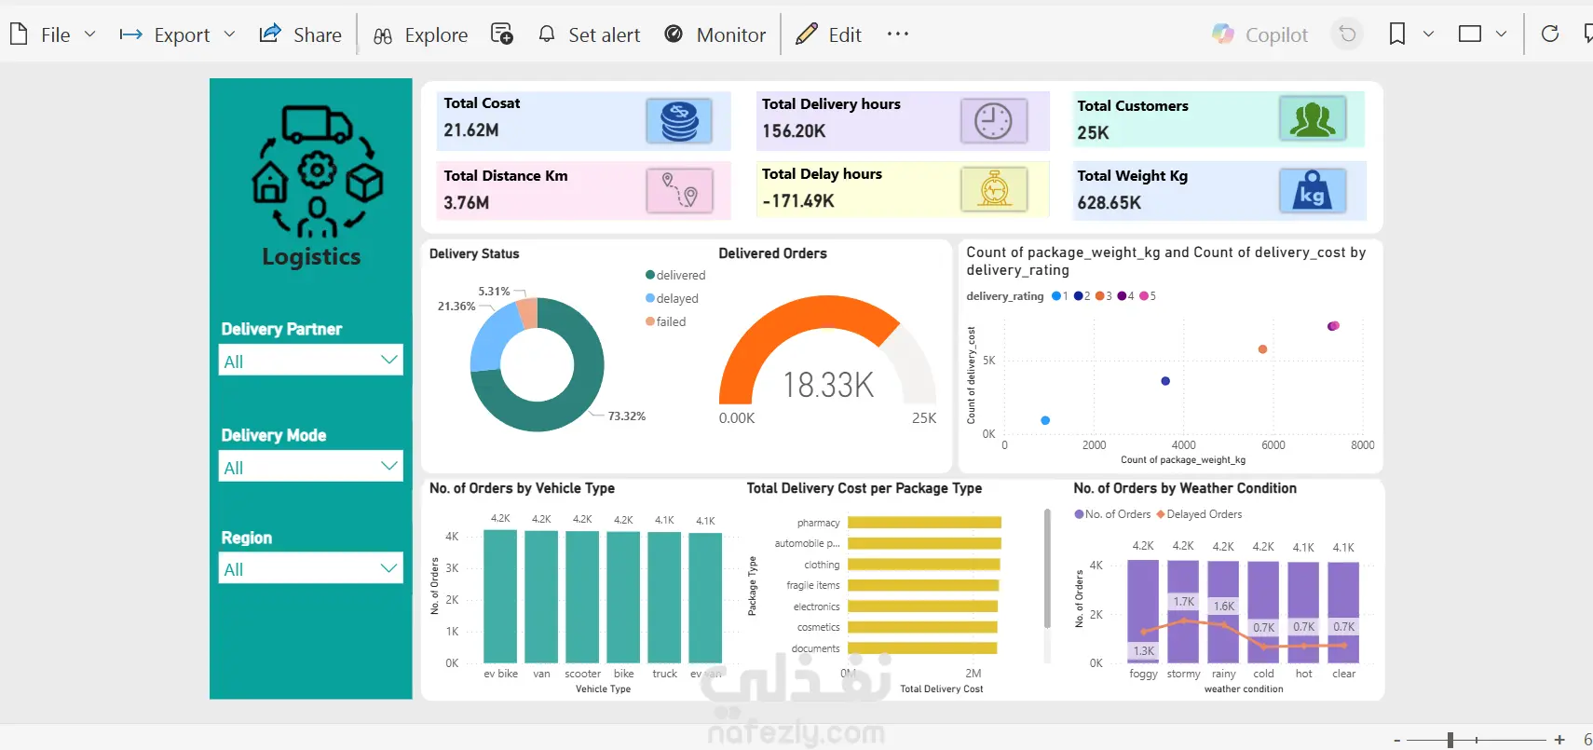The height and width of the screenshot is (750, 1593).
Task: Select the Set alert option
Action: pos(590,35)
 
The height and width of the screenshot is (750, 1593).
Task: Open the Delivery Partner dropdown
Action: pos(311,361)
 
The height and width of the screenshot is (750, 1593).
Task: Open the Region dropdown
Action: pos(311,568)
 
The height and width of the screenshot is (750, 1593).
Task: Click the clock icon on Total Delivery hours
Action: pos(993,121)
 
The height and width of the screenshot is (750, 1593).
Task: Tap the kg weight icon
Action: pos(1312,191)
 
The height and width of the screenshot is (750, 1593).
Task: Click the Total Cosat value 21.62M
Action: pos(471,130)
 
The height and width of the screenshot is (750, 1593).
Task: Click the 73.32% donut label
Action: pos(627,416)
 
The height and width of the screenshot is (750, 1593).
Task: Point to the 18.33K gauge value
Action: pos(828,385)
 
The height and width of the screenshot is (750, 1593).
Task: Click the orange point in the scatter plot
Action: pos(1262,349)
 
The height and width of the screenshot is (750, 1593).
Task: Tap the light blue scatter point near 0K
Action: pos(1045,420)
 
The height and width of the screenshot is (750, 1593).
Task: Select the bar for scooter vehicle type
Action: pos(582,596)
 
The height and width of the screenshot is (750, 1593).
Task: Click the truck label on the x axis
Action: pos(664,674)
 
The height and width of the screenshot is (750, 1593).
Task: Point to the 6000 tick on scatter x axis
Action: pos(1273,445)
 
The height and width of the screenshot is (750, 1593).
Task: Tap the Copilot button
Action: pos(1260,35)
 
